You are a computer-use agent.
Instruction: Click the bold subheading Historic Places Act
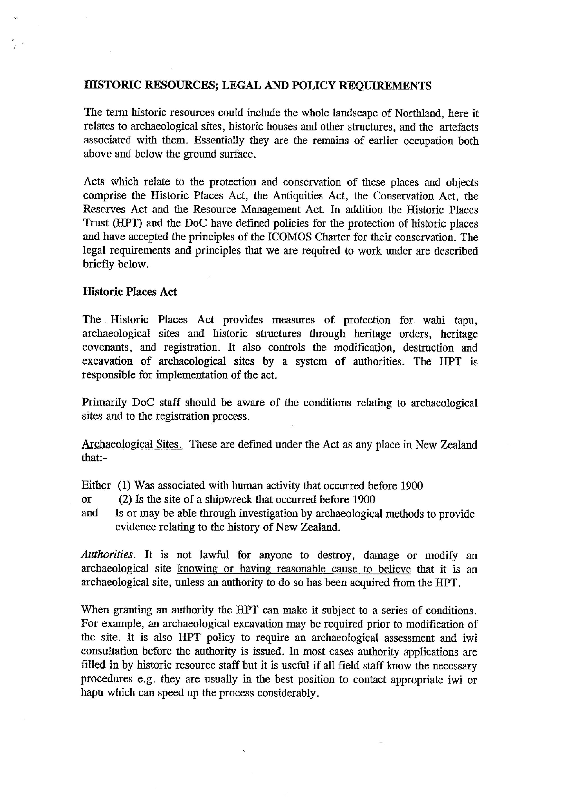(130, 292)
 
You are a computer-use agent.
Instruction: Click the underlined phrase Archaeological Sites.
(132, 445)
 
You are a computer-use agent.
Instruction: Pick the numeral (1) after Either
(124, 485)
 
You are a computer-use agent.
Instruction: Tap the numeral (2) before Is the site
(125, 499)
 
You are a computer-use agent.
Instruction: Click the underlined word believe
(394, 569)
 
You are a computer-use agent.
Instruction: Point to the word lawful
(214, 555)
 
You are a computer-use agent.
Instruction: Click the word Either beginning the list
(96, 485)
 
